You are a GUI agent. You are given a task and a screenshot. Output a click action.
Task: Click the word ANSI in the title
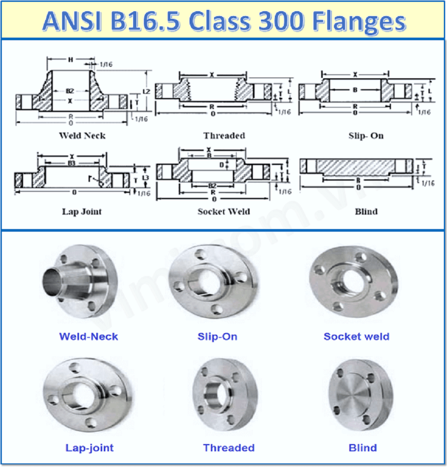coord(72,21)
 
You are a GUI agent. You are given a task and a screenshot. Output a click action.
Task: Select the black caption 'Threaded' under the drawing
coord(224,135)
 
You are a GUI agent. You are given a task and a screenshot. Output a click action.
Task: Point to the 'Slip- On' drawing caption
coord(366,135)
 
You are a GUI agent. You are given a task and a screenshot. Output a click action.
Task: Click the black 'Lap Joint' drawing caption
coord(82,211)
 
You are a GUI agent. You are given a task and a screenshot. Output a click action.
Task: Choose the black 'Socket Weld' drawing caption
coord(224,211)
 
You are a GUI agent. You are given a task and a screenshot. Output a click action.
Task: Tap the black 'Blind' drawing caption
coord(366,211)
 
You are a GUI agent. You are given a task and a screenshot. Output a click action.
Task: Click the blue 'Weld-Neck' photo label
coord(89,336)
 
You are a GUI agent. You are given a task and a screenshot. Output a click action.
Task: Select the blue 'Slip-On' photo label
coord(217,336)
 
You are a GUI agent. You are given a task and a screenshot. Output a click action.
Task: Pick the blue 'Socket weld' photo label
coord(356,336)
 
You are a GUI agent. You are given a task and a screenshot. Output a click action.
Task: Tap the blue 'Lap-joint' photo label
coord(89,447)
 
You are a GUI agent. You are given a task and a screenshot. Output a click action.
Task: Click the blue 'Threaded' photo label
coord(228,447)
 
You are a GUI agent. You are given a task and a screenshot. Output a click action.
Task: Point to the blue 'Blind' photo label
coord(363,447)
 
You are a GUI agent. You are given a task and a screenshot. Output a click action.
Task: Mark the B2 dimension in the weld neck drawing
coord(70,91)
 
